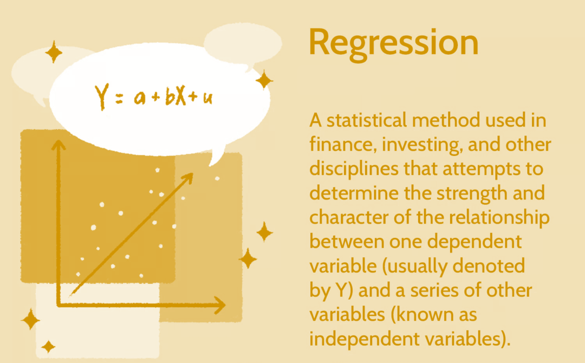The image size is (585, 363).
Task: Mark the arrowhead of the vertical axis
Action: [58, 143]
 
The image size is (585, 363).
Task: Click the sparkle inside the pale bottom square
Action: [48, 347]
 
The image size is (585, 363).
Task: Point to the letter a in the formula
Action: [139, 99]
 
